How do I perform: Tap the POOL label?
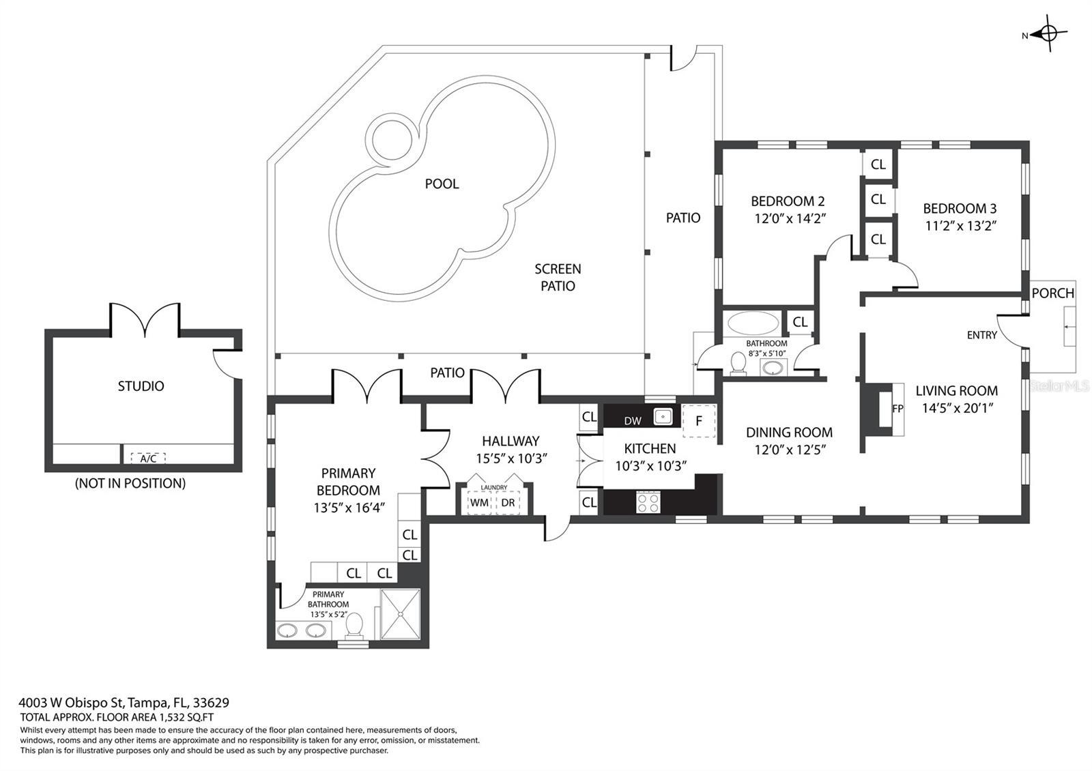click(x=442, y=184)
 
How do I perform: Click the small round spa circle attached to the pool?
click(x=391, y=140)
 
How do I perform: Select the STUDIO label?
click(x=141, y=386)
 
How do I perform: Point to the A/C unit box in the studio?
click(x=148, y=458)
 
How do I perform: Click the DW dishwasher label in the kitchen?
click(x=633, y=420)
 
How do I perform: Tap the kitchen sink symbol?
click(x=663, y=417)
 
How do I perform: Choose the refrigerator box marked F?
click(x=699, y=420)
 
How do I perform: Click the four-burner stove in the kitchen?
click(x=648, y=502)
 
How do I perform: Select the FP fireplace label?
click(x=897, y=409)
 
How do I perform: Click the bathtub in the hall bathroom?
click(x=753, y=323)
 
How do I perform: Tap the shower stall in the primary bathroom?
click(x=400, y=614)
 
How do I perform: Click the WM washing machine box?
click(x=479, y=502)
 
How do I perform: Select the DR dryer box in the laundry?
click(x=508, y=502)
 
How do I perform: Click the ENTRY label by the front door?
click(x=982, y=335)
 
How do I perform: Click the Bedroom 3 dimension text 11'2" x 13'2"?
click(x=960, y=226)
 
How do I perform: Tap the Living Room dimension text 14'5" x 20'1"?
click(x=957, y=408)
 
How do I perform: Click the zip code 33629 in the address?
click(x=211, y=702)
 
